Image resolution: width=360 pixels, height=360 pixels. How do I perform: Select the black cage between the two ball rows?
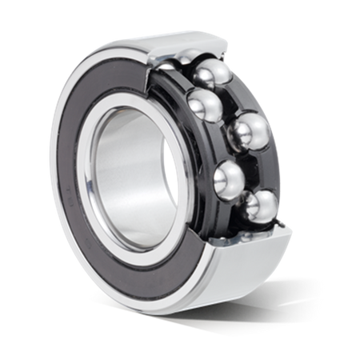216,144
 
